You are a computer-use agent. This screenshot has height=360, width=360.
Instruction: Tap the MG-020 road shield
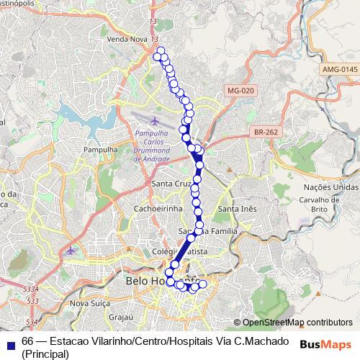click(x=237, y=91)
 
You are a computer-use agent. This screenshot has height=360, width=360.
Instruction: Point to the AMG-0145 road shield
click(x=339, y=69)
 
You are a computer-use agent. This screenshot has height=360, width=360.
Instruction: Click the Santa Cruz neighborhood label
click(x=171, y=184)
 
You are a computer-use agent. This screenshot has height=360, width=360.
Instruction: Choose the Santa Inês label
click(x=236, y=209)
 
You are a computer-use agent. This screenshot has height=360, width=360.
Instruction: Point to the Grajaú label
click(x=121, y=317)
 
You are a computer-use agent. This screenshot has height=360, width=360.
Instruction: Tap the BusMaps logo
click(x=325, y=344)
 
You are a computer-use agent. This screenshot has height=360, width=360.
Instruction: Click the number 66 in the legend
click(x=28, y=341)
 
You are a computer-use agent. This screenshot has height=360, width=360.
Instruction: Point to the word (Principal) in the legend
click(x=45, y=354)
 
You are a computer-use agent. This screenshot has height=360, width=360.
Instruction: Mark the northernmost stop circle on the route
click(x=161, y=50)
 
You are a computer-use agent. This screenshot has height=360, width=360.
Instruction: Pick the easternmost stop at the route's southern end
click(x=203, y=284)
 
